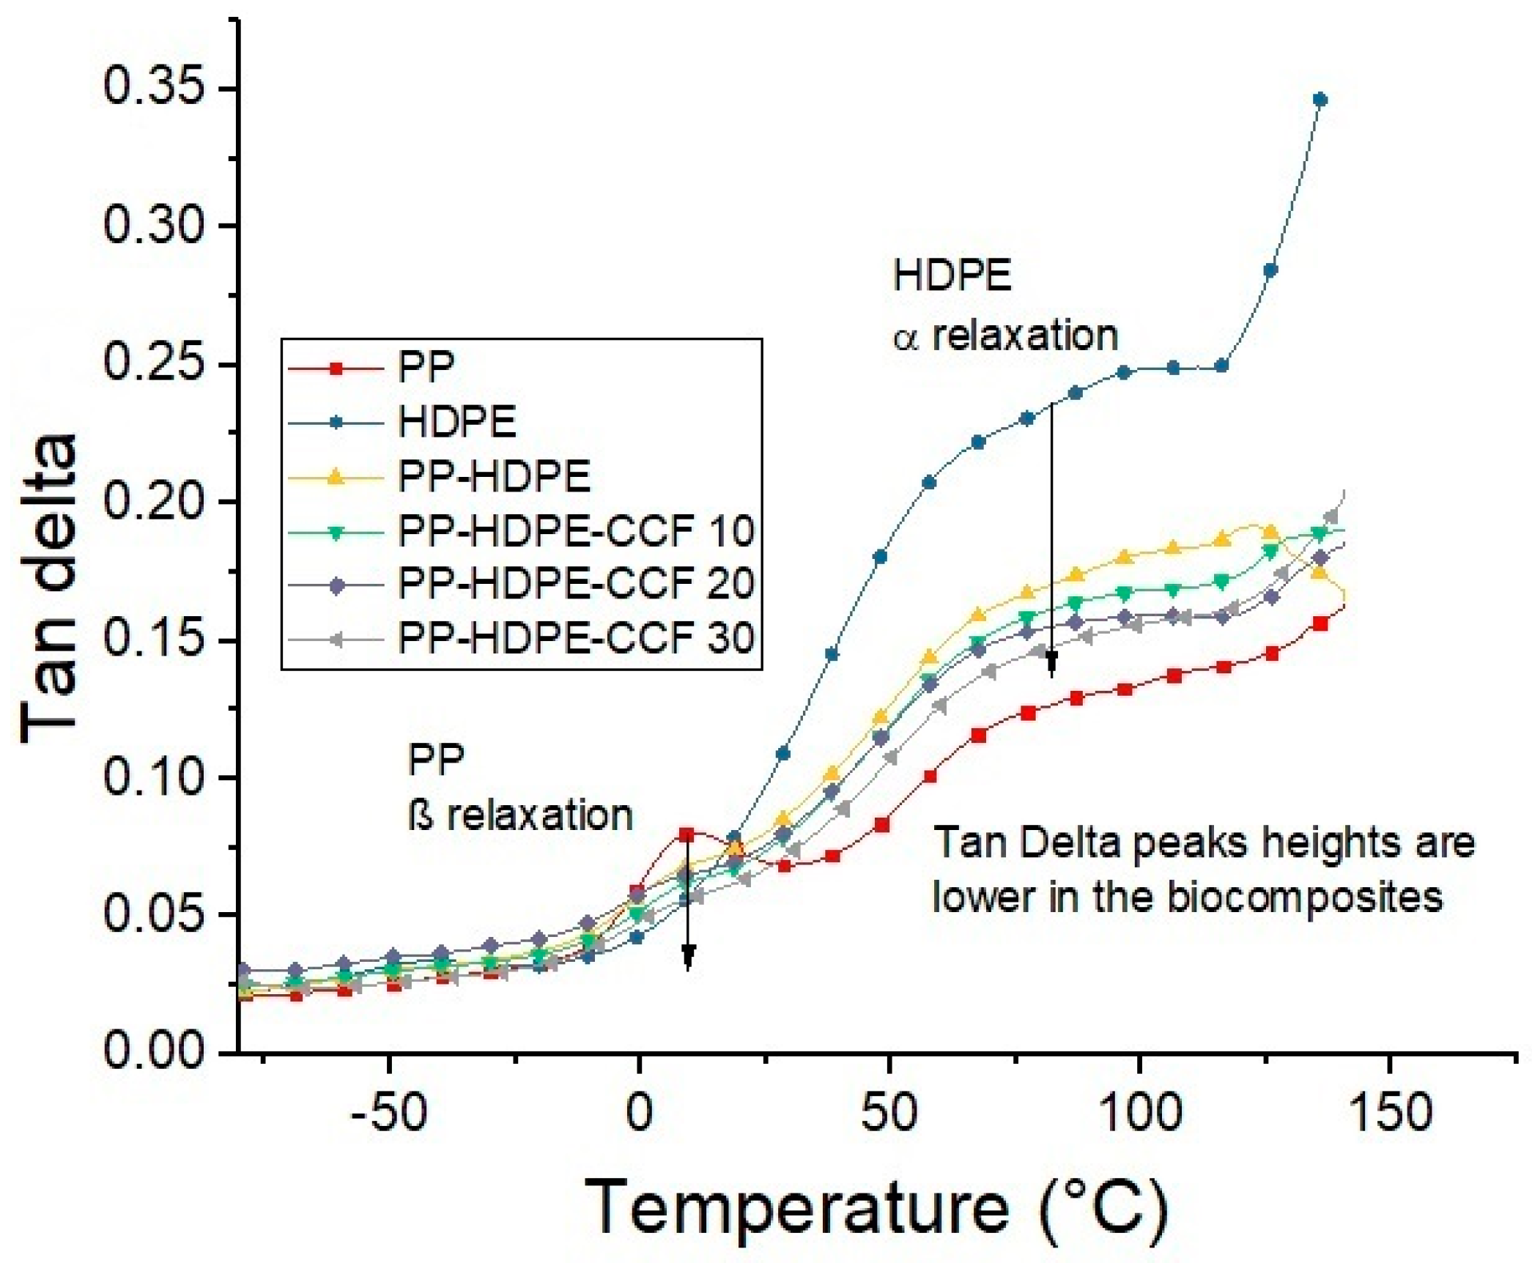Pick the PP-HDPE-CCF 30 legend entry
coord(576,638)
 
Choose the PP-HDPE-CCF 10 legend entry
coord(576,530)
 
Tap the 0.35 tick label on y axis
coord(152,88)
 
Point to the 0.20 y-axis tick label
coord(152,503)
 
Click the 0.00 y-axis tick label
coord(152,1051)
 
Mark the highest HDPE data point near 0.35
coord(1320,100)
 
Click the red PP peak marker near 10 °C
coord(687,834)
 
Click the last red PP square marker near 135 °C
coord(1320,624)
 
